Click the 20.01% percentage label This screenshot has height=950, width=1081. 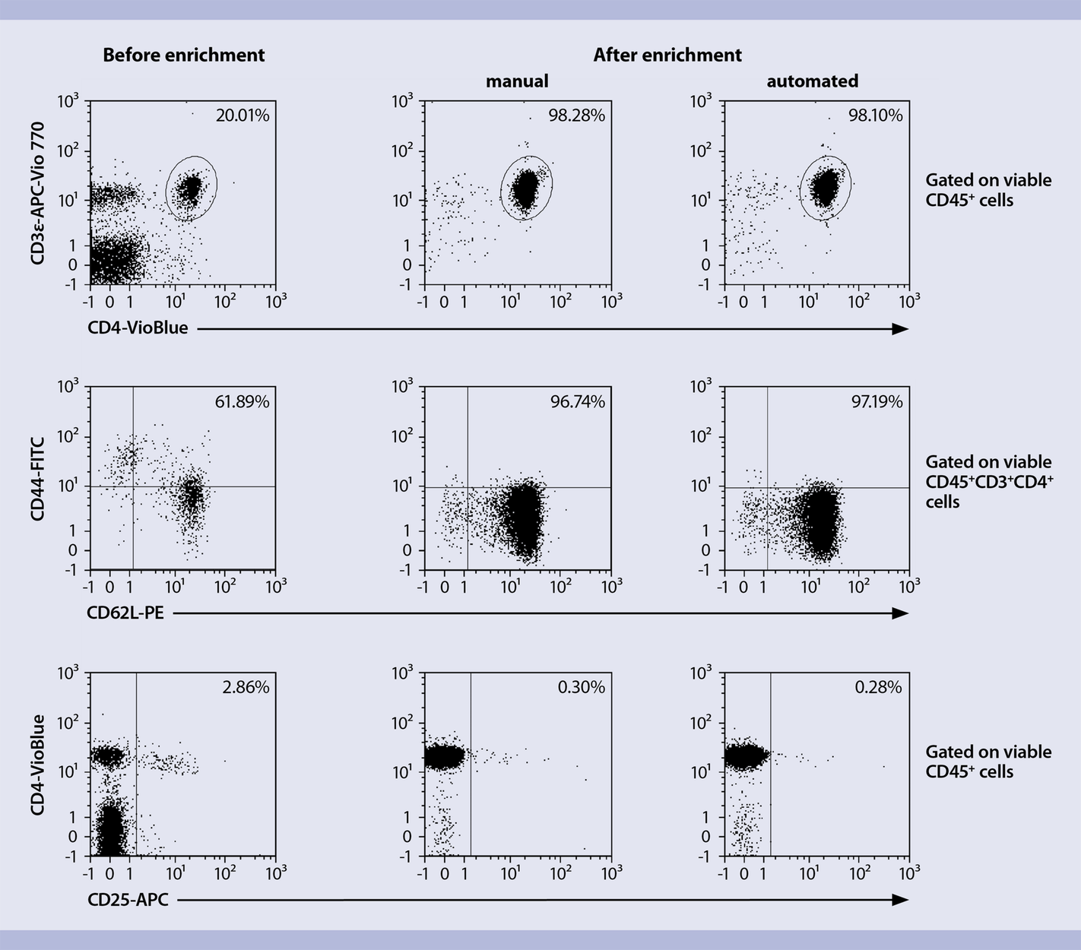(x=243, y=116)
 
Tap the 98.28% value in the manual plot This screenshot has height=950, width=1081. (x=577, y=116)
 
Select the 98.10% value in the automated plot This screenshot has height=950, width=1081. (x=876, y=116)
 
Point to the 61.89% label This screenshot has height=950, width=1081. (x=242, y=401)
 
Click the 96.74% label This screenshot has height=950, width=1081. (x=578, y=401)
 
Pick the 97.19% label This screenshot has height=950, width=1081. (x=877, y=401)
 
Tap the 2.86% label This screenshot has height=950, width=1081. (x=246, y=687)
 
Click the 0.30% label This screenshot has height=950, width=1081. (x=582, y=687)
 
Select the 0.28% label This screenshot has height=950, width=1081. (x=879, y=687)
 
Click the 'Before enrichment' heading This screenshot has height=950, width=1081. (x=184, y=55)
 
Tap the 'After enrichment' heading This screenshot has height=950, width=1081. (x=667, y=55)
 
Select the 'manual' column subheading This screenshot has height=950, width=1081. (x=517, y=81)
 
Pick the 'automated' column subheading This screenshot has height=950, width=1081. (x=812, y=81)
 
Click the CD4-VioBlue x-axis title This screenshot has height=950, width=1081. (x=138, y=328)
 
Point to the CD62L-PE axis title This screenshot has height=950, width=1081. (x=125, y=613)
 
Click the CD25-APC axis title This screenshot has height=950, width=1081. (x=128, y=900)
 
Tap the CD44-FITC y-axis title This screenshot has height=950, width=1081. (x=38, y=478)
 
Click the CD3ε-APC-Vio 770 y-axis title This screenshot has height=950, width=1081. (x=38, y=193)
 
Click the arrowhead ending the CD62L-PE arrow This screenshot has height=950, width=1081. (x=901, y=613)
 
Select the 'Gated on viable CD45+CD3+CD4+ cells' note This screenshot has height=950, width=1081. (x=988, y=482)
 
